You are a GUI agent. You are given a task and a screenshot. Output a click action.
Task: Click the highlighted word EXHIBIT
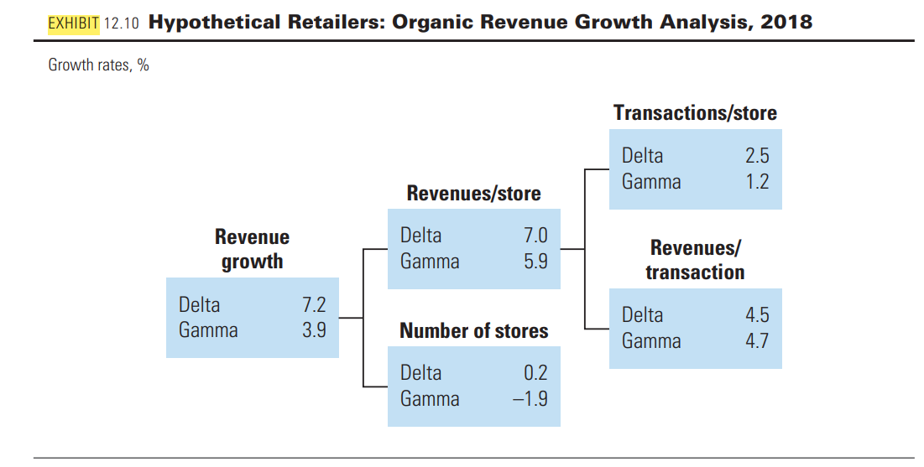tap(74, 22)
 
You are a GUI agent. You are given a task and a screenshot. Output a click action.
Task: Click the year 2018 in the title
tap(786, 22)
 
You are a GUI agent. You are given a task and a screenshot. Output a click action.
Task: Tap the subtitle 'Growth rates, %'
tap(98, 65)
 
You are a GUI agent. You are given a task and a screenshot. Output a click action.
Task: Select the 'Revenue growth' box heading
tap(252, 249)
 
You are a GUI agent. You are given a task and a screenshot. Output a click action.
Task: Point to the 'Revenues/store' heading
tap(473, 194)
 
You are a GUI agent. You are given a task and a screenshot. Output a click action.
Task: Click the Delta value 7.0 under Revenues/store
tap(535, 236)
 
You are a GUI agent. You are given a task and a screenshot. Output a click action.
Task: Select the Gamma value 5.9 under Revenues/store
tap(535, 262)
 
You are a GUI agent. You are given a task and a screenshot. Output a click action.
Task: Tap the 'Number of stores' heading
tap(473, 331)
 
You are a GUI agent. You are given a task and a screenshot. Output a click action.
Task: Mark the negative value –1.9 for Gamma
tap(530, 399)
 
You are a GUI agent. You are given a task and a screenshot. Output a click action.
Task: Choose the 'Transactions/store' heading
tap(695, 113)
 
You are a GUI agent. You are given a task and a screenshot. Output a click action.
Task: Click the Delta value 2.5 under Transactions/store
tap(756, 156)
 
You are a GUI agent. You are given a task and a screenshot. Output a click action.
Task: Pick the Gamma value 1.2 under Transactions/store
tap(756, 182)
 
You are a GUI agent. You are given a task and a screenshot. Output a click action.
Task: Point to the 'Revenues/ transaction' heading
tap(695, 260)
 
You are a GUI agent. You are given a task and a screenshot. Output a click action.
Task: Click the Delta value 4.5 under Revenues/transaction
tap(756, 315)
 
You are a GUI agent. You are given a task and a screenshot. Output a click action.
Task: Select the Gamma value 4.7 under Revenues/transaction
tap(756, 341)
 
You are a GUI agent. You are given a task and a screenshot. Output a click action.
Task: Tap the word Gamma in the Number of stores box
tap(430, 399)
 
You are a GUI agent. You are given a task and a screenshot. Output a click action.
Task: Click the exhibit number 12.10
tap(123, 23)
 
